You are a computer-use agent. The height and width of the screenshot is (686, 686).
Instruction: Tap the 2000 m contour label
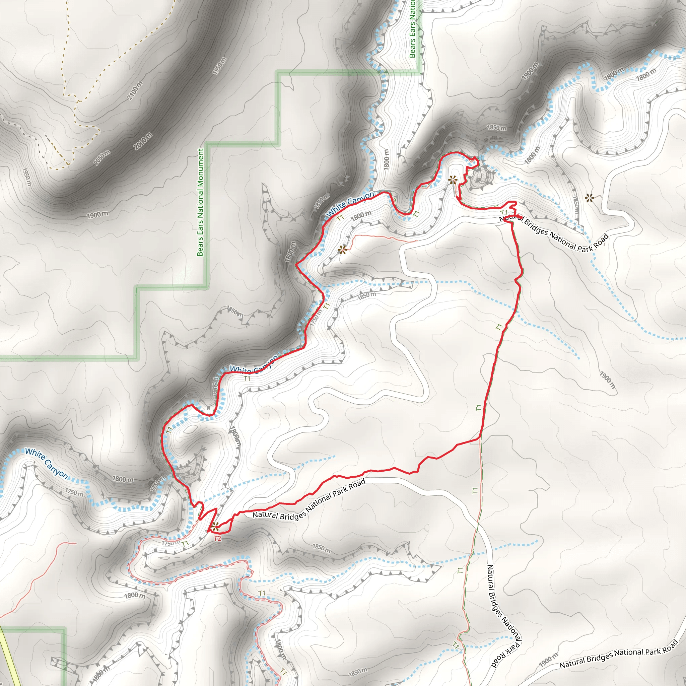[x=144, y=141]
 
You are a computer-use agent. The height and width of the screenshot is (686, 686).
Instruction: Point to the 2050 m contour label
[x=102, y=158]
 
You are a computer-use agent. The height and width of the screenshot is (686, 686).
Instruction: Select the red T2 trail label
[x=218, y=539]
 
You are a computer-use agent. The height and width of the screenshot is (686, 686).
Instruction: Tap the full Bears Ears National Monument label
[x=201, y=202]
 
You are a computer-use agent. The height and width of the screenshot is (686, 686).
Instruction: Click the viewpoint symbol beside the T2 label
[x=215, y=526]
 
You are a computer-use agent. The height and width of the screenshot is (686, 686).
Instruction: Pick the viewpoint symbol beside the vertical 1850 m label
[x=590, y=198]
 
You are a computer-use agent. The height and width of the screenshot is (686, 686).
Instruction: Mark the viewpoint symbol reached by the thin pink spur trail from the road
[x=342, y=250]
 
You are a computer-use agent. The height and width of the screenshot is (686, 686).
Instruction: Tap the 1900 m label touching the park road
[x=549, y=660]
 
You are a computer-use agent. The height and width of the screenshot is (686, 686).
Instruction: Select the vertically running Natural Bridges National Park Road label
[x=504, y=616]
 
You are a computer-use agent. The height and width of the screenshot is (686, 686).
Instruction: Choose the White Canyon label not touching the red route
[x=46, y=463]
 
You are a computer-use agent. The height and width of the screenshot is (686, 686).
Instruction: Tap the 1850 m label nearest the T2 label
[x=321, y=547]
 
